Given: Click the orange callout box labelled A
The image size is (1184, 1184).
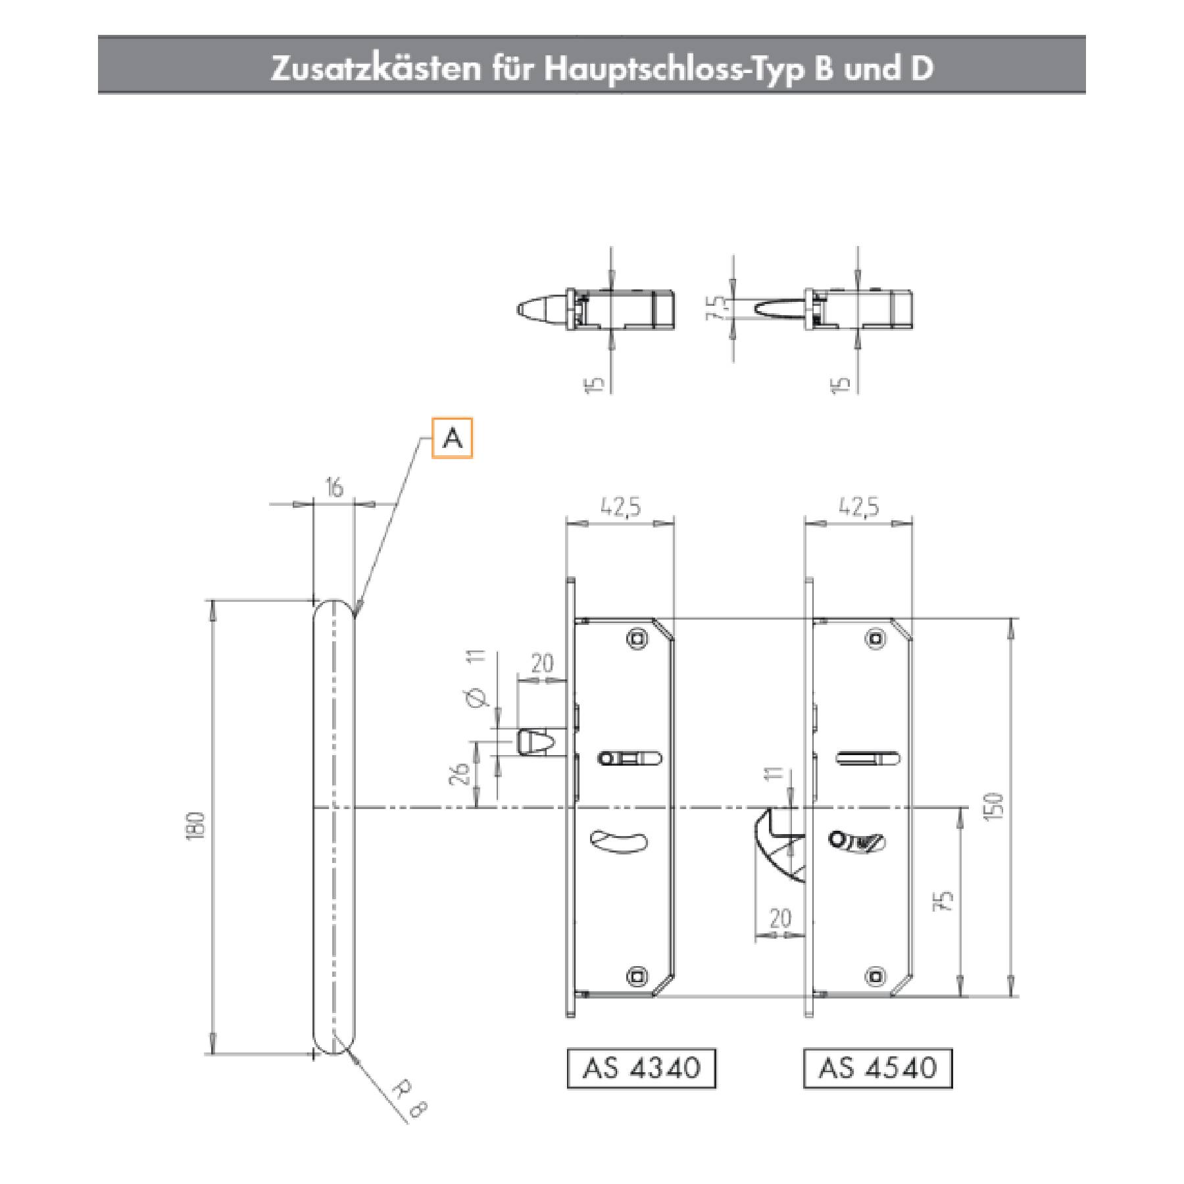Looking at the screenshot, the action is tap(452, 437).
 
